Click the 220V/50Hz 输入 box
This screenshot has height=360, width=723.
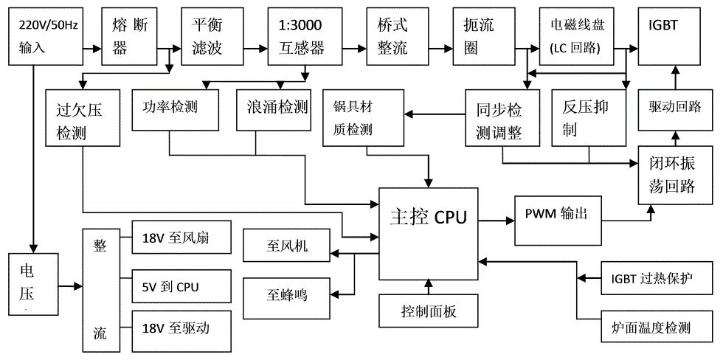tap(46, 37)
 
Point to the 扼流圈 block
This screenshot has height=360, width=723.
tap(483, 37)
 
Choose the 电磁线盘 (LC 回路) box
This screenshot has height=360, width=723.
tap(577, 37)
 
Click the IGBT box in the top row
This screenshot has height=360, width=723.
tap(675, 37)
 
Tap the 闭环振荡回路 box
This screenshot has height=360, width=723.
tap(675, 175)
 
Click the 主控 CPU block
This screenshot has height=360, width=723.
tap(429, 234)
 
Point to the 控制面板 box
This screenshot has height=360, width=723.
tap(429, 312)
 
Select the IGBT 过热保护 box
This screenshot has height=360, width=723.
tap(657, 278)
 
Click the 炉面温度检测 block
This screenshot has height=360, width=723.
tap(657, 328)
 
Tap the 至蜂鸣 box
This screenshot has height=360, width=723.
tap(287, 294)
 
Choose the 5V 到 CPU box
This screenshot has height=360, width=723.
tap(181, 286)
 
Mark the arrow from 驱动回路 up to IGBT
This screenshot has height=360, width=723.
tap(675, 77)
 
